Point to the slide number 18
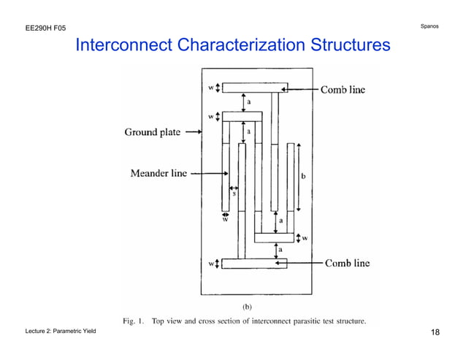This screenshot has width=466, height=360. pyautogui.click(x=435, y=333)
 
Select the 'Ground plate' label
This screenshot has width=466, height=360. pyautogui.click(x=151, y=132)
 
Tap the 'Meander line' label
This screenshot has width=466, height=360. pyautogui.click(x=158, y=173)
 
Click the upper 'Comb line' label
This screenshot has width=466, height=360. pyautogui.click(x=343, y=90)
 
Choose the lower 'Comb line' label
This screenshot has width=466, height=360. pyautogui.click(x=347, y=263)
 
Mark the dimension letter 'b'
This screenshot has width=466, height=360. pyautogui.click(x=303, y=176)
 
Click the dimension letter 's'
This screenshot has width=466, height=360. pyautogui.click(x=234, y=193)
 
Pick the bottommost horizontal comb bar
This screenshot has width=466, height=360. pyautogui.click(x=254, y=264)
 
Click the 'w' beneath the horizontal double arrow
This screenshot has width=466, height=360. pyautogui.click(x=225, y=218)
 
